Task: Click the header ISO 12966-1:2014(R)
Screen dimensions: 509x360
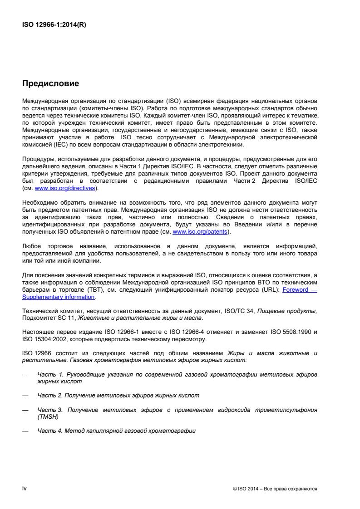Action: (54, 25)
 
